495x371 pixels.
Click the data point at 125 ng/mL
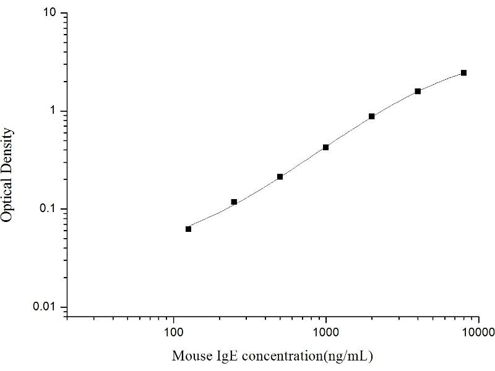(189, 229)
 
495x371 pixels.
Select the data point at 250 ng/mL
(234, 202)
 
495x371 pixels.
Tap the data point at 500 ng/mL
(280, 177)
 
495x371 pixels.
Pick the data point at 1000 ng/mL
(325, 147)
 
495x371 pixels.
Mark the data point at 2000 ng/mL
(372, 116)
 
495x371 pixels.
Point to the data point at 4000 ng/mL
(418, 91)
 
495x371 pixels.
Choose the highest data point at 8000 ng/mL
(463, 73)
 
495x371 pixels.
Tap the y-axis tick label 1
(54, 111)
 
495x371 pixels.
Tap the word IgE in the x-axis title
(220, 357)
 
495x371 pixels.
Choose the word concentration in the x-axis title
(280, 357)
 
